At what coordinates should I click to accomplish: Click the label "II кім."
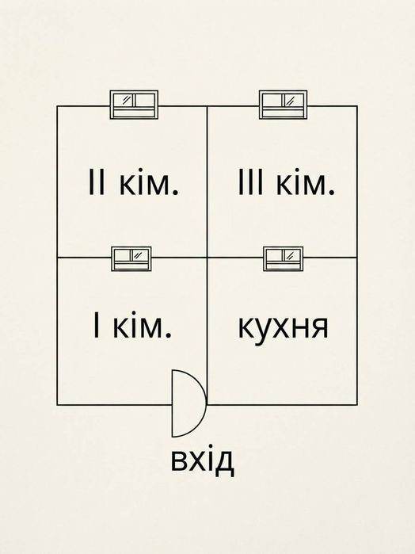click(134, 182)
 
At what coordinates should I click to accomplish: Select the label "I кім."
click(132, 324)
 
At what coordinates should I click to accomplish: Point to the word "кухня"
click(284, 327)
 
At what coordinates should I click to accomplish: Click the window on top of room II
click(134, 105)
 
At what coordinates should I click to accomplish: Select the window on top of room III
click(283, 105)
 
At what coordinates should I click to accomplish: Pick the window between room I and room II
click(131, 259)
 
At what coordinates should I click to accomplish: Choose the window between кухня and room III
click(283, 259)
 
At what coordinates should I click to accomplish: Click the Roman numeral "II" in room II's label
click(97, 182)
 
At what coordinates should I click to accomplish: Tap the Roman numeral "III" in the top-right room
click(250, 182)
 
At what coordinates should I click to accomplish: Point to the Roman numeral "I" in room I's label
click(96, 324)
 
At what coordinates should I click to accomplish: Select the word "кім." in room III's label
click(306, 182)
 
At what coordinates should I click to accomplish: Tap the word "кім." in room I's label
click(143, 324)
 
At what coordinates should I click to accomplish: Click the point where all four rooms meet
click(207, 258)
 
